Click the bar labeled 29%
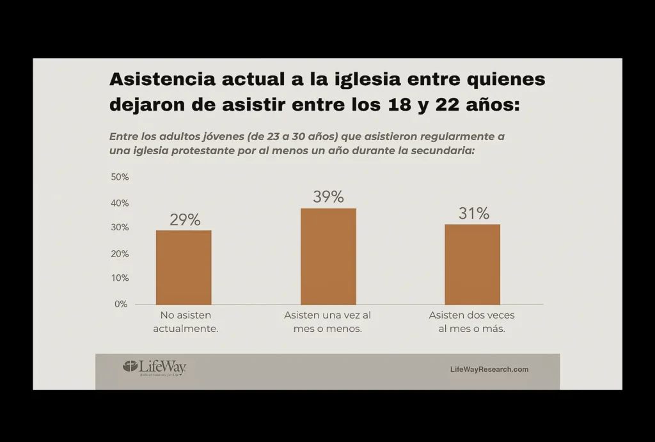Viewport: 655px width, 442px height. (x=184, y=267)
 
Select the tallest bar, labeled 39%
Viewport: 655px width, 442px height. (x=328, y=256)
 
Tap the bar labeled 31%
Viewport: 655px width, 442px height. (x=473, y=264)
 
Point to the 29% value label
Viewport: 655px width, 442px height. (x=185, y=220)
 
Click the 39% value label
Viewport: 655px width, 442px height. (x=328, y=197)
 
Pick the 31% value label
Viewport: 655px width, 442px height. (x=473, y=214)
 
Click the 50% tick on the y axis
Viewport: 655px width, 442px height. (x=120, y=177)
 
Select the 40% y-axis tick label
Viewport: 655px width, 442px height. (x=120, y=203)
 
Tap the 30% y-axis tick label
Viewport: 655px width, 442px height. (x=120, y=228)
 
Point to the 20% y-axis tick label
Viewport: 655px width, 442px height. (x=120, y=253)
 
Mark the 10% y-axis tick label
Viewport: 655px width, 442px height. (x=120, y=278)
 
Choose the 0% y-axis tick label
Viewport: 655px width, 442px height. (x=122, y=304)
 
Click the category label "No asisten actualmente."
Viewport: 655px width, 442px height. (x=185, y=322)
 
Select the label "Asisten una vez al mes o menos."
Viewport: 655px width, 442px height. (x=327, y=322)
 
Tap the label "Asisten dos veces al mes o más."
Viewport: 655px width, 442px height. (x=472, y=322)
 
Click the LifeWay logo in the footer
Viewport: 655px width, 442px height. (x=154, y=368)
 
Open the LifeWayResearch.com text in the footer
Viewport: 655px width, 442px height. (x=489, y=369)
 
